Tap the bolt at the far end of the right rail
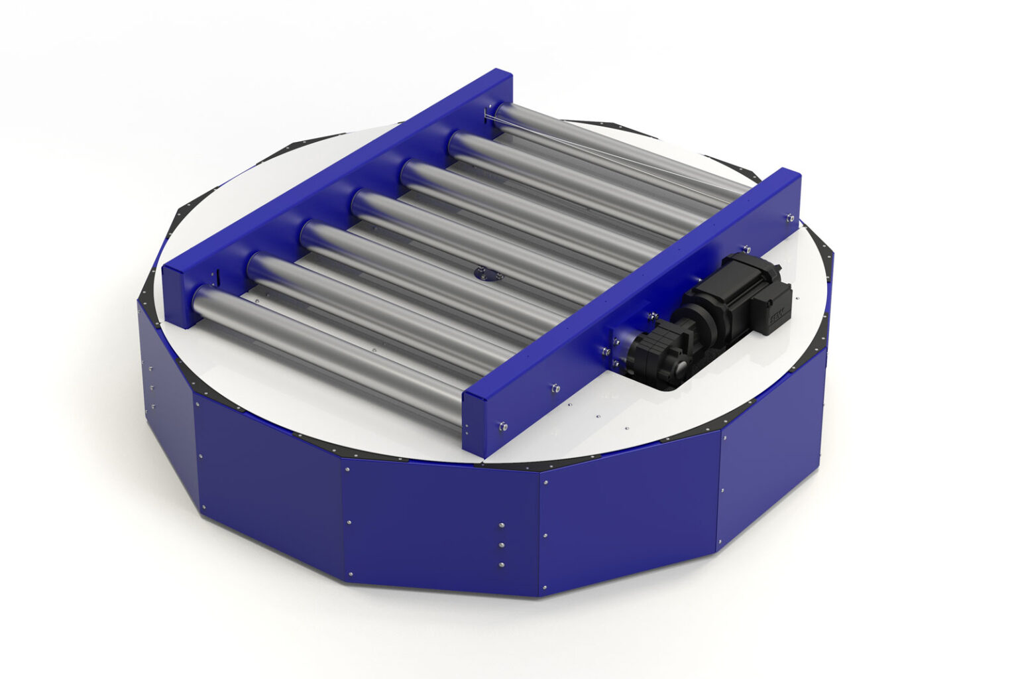coord(790,216)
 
